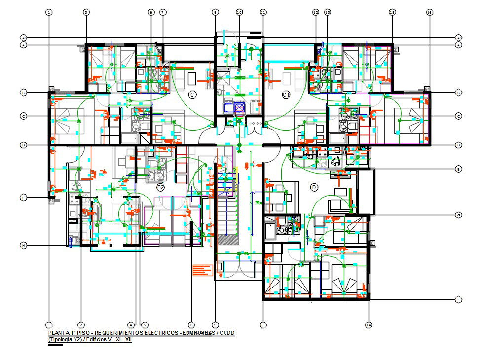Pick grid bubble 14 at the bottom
(x=368, y=325)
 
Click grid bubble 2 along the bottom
(x=81, y=325)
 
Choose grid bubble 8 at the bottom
(x=191, y=325)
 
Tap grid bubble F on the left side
(x=23, y=198)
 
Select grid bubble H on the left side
(x=23, y=245)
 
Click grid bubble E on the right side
(x=458, y=169)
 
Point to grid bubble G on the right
(x=458, y=215)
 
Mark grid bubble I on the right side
(x=458, y=300)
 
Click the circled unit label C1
(x=286, y=94)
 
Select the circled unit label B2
(x=160, y=187)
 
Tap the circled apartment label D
(x=313, y=187)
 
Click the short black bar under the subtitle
(x=55, y=345)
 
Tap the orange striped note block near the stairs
(x=202, y=270)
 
